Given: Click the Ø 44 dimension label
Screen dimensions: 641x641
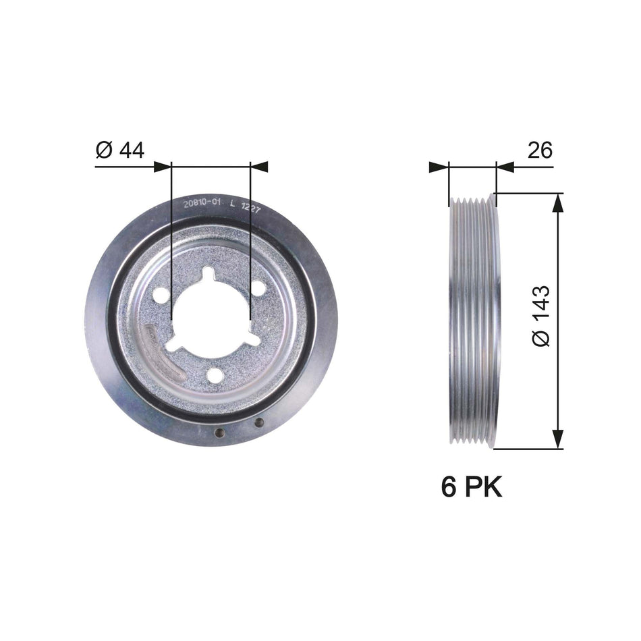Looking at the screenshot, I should coord(120,150).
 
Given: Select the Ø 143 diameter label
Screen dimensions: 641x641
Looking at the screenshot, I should coord(541,316).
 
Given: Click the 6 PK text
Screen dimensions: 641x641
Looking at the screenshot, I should coord(472,486).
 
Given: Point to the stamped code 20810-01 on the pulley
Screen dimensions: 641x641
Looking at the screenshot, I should coord(201,203).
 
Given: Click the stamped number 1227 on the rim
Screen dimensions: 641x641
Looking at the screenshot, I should coord(252,208).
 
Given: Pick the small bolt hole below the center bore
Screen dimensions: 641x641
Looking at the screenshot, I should coord(215,375).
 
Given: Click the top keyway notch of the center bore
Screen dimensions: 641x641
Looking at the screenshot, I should coord(208,274).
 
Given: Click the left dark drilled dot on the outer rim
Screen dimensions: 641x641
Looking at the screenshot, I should coord(219,433).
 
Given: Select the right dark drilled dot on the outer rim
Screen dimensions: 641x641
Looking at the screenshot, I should coord(259,423).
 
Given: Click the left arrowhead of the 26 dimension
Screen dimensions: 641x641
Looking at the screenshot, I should coord(439,166).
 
